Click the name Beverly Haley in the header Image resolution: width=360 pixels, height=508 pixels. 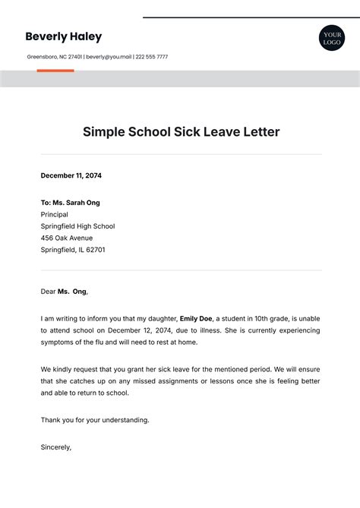click(63, 36)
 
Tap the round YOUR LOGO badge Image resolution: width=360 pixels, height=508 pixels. click(331, 38)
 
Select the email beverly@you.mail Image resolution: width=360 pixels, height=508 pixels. click(108, 57)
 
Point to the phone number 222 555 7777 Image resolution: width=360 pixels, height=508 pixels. click(152, 57)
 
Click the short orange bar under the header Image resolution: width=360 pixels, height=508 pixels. click(55, 71)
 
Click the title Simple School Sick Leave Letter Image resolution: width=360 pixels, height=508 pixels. click(181, 132)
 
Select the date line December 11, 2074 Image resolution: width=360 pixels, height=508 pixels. click(71, 175)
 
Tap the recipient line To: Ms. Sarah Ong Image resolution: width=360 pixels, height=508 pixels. click(70, 203)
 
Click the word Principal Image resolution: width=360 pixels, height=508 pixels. click(55, 214)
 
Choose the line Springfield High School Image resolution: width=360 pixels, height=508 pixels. click(77, 226)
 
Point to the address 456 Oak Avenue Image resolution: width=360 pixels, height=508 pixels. click(66, 238)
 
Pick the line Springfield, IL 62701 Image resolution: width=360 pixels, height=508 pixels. click(73, 249)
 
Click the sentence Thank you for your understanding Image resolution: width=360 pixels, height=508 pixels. click(95, 420)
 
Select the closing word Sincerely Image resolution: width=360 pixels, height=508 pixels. click(55, 447)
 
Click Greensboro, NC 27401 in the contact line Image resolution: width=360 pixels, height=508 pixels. click(54, 57)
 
